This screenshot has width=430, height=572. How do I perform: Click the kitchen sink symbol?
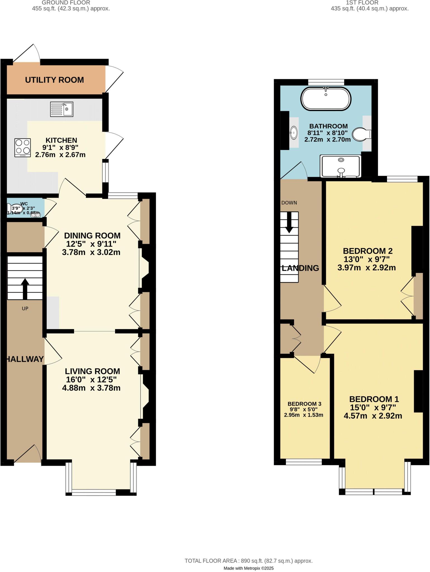tap(62, 109)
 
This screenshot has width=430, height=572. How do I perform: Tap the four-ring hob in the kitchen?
tap(23, 147)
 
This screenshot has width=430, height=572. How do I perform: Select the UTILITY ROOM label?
tap(54, 80)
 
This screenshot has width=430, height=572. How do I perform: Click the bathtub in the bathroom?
tap(326, 99)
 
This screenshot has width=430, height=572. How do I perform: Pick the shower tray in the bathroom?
tap(341, 166)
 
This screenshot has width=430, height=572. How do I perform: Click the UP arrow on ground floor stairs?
tap(25, 288)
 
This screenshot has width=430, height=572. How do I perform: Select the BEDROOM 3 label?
tap(304, 404)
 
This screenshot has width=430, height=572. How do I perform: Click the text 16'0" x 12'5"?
tap(91, 380)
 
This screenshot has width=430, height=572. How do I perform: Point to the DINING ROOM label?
tap(92, 235)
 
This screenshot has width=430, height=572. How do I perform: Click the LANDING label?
tap(300, 268)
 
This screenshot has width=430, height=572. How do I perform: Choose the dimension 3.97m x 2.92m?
tap(367, 268)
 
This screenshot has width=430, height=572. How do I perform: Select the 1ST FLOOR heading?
tap(362, 3)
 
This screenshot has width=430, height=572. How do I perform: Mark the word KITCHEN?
tap(61, 140)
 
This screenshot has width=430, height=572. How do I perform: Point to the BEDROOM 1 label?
tap(374, 399)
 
